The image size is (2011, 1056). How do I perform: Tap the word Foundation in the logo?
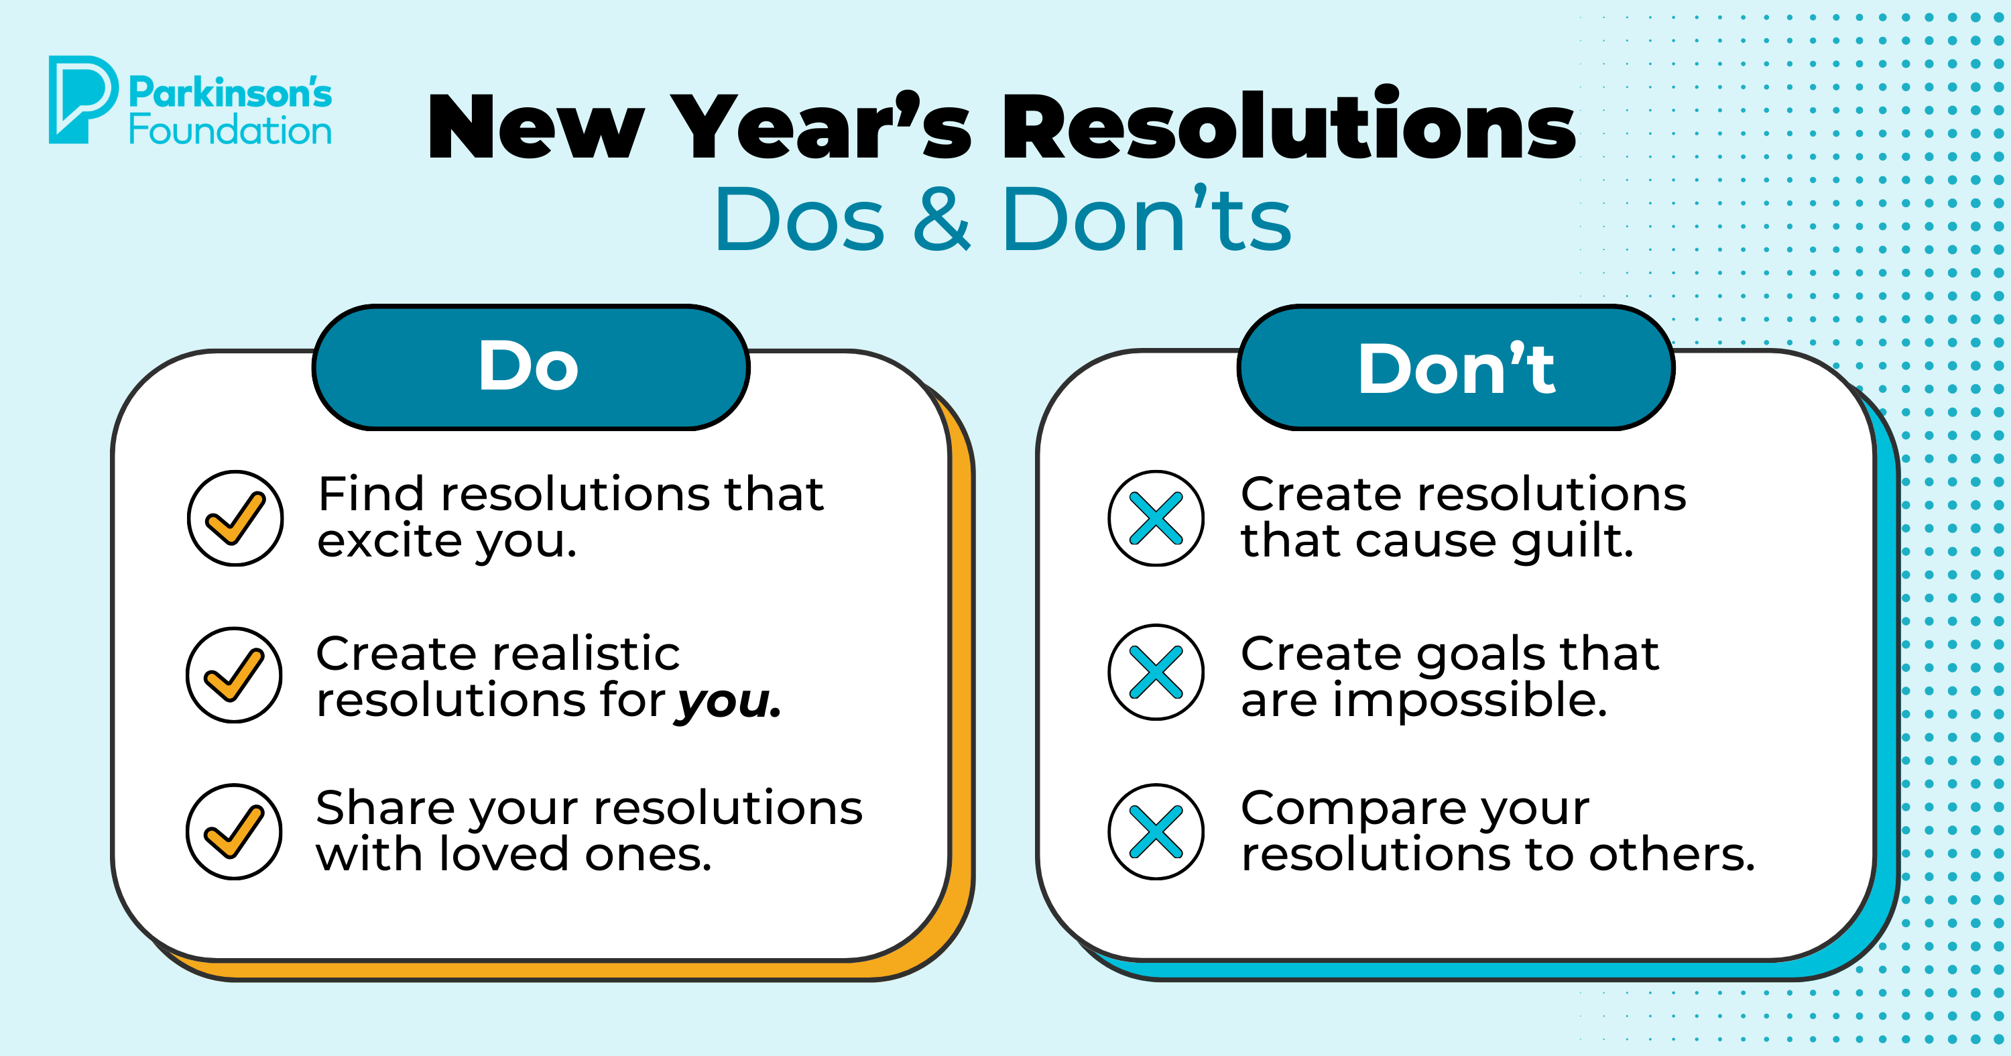point(231,131)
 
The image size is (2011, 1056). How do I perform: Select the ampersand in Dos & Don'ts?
point(942,221)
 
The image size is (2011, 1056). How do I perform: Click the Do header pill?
point(530,367)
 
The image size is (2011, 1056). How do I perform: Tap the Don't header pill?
point(1456,367)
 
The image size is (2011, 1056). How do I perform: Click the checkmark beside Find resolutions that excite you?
point(235,518)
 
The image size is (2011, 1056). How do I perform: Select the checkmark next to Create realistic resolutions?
point(234,675)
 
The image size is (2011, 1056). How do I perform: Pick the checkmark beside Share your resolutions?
point(234,832)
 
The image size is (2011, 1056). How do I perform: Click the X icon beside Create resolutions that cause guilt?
point(1156,518)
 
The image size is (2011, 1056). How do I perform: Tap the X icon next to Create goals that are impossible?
point(1156,672)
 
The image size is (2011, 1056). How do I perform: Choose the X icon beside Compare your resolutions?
point(1156,832)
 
